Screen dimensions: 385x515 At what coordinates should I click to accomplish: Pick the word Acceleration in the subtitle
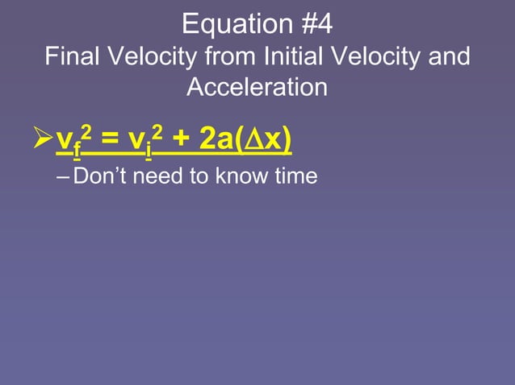(257, 87)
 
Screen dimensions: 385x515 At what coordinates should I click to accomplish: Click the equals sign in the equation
(108, 140)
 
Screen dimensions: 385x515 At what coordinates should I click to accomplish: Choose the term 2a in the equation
(215, 139)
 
